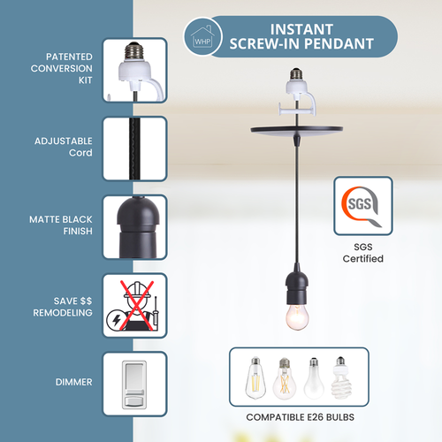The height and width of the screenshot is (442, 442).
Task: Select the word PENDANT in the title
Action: coord(340,42)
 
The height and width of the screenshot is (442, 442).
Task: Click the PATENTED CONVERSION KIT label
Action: coord(54,67)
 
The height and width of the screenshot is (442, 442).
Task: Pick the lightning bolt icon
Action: coord(119,321)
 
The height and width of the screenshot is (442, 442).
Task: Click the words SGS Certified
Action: coord(362,253)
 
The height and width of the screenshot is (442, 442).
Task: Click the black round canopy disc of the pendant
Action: coord(293,133)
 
